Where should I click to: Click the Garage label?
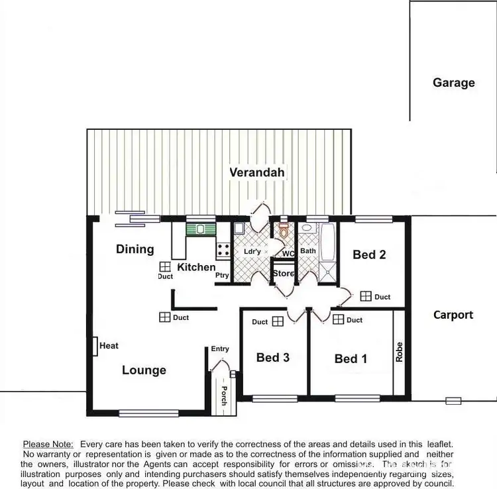(x=454, y=83)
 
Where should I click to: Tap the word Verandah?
(x=257, y=173)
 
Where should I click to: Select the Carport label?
(x=453, y=315)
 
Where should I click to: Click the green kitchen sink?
(x=201, y=229)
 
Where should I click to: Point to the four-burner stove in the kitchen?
(x=223, y=250)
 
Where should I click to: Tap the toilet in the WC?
(x=284, y=231)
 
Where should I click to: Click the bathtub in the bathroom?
(x=327, y=243)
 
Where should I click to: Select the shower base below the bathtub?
(x=327, y=272)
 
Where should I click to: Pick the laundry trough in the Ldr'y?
(x=239, y=229)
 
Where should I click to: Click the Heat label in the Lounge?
(x=109, y=346)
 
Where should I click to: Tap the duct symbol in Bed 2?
(x=366, y=297)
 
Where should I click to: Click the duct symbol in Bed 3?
(x=278, y=321)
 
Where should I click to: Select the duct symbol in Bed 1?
(x=339, y=320)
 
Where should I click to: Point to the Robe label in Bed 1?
(x=400, y=351)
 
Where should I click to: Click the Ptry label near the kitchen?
(x=222, y=276)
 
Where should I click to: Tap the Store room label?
(x=283, y=274)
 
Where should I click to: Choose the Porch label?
(x=224, y=396)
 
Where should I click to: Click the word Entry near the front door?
(x=220, y=349)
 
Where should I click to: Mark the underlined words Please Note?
(x=49, y=444)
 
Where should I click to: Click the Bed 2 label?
(x=369, y=254)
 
